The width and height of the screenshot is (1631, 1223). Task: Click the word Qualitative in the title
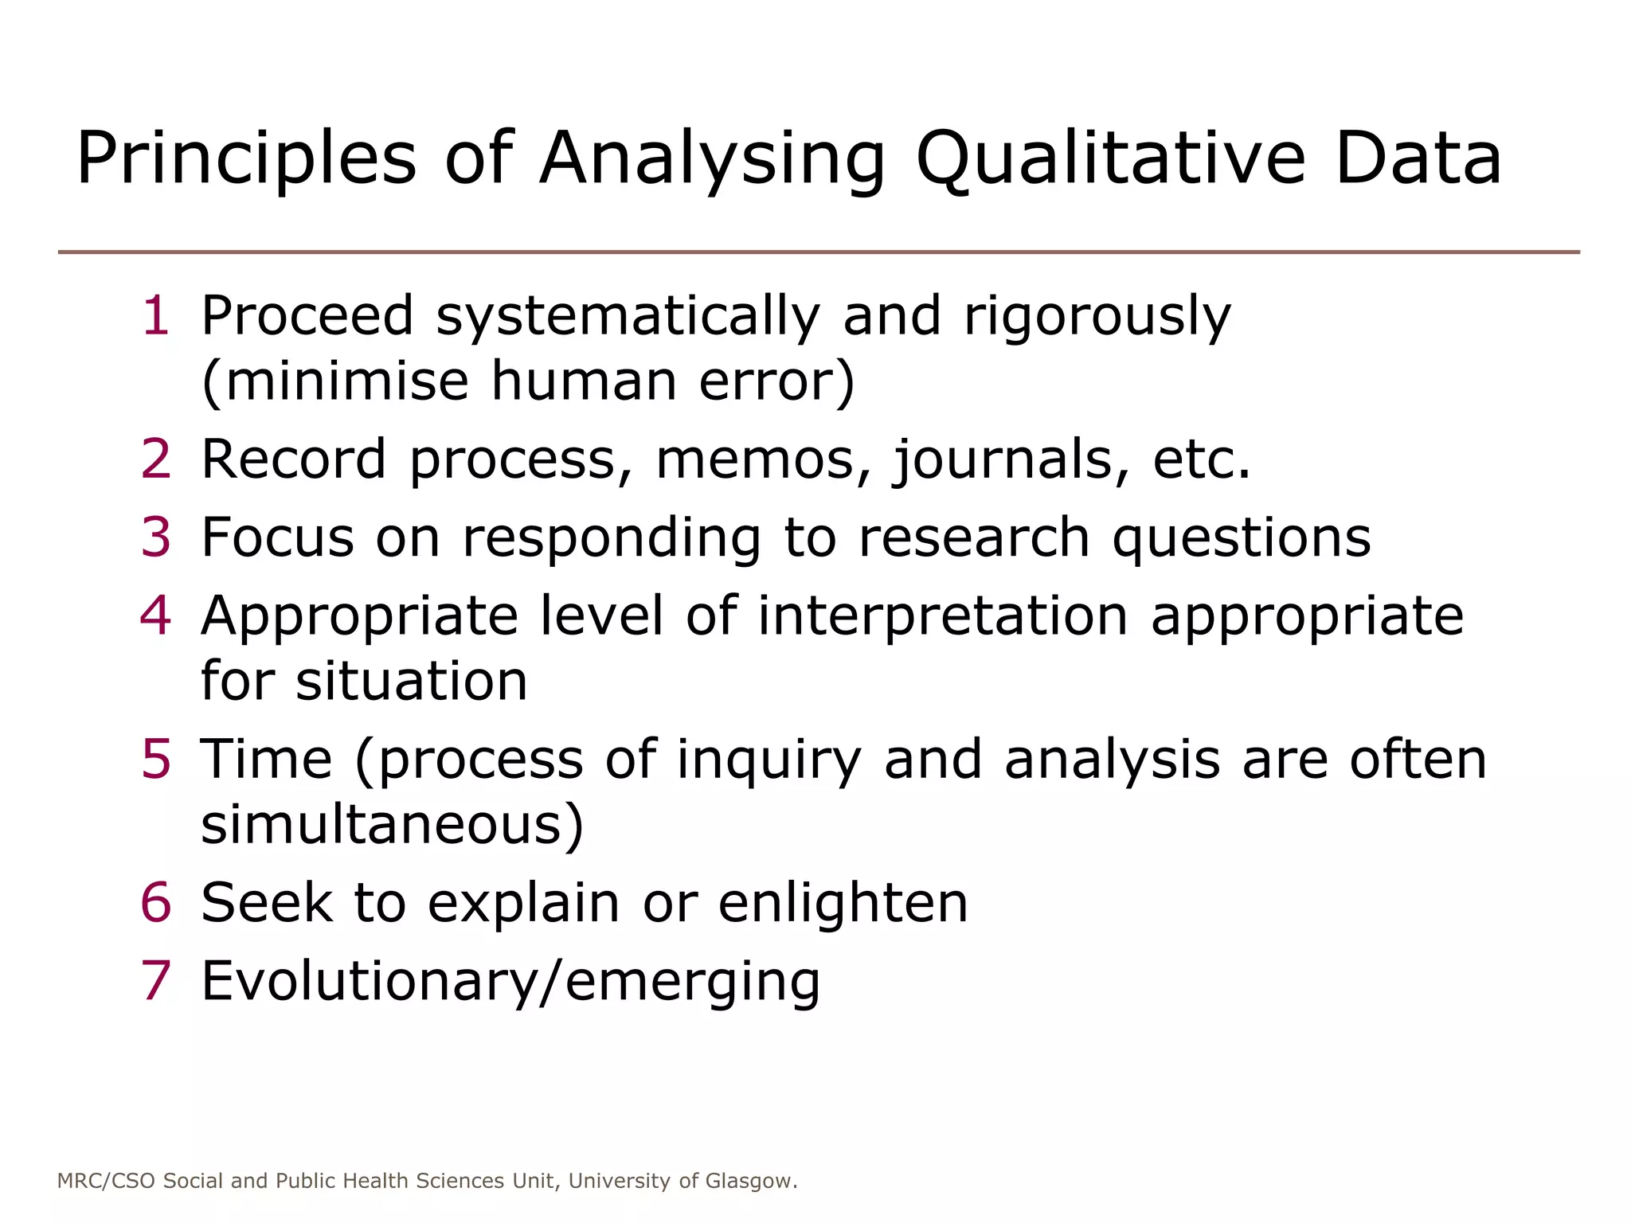pos(1111,159)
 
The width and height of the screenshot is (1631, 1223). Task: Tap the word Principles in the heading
pos(246,159)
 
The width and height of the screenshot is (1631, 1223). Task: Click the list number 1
pos(156,315)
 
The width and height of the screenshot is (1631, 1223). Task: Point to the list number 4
pos(156,615)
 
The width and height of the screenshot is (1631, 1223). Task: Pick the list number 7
pos(156,980)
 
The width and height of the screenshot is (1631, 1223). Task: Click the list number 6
pos(156,902)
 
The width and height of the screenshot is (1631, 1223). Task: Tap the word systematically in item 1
pos(628,317)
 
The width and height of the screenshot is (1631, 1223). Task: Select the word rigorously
pos(1097,317)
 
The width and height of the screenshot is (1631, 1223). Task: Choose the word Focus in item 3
pos(277,537)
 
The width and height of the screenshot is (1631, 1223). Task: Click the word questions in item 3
pos(1241,539)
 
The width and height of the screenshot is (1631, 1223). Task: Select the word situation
pos(411,682)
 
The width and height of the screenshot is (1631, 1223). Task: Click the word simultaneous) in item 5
pos(392,825)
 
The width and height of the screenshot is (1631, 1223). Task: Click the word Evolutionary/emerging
pos(510,982)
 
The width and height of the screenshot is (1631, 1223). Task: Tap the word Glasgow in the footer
pos(751,1181)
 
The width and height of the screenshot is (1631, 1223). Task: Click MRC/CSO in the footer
pos(106,1181)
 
